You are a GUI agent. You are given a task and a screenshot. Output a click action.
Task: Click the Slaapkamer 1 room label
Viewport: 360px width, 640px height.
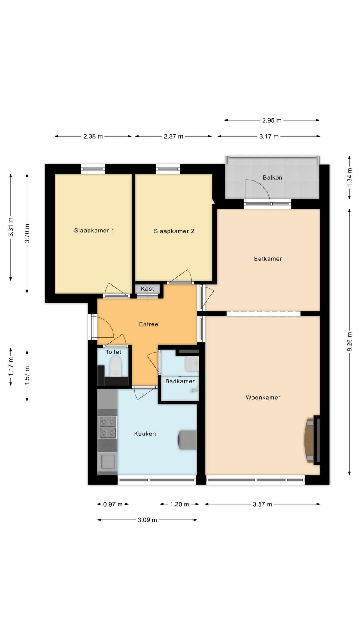point(94,231)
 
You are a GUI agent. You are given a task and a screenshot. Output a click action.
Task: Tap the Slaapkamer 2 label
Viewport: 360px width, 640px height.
point(174,231)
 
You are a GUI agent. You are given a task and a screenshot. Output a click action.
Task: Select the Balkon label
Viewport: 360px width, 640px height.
point(272,178)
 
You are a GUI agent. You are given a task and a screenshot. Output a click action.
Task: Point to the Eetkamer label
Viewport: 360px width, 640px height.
point(268,259)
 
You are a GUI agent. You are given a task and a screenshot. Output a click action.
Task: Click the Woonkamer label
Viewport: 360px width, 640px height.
point(263,398)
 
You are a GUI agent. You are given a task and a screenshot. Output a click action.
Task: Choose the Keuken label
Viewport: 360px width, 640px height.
point(145,434)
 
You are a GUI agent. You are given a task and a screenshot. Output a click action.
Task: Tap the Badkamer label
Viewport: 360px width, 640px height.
point(180,381)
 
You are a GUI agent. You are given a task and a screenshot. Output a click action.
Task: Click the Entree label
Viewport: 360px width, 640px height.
point(148,324)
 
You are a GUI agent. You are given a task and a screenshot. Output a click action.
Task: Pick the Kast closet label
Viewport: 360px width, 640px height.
point(148,289)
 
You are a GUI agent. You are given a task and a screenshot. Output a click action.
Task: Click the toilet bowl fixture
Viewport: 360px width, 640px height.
point(116,366)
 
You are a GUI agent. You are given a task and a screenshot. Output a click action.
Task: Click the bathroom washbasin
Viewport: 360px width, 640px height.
point(192,364)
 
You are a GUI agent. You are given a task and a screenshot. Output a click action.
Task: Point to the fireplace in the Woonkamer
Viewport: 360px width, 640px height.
point(313,440)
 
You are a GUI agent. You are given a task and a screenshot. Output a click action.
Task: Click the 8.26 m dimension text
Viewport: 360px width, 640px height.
point(350,342)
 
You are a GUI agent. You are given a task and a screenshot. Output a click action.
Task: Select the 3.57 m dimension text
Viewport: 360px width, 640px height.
point(262,504)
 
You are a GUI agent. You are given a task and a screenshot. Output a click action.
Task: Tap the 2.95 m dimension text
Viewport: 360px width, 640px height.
point(272,120)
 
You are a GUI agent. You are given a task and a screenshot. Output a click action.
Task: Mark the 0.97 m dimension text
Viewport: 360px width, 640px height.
point(113,504)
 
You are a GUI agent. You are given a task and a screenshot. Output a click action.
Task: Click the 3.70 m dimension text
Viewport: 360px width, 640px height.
point(27,233)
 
